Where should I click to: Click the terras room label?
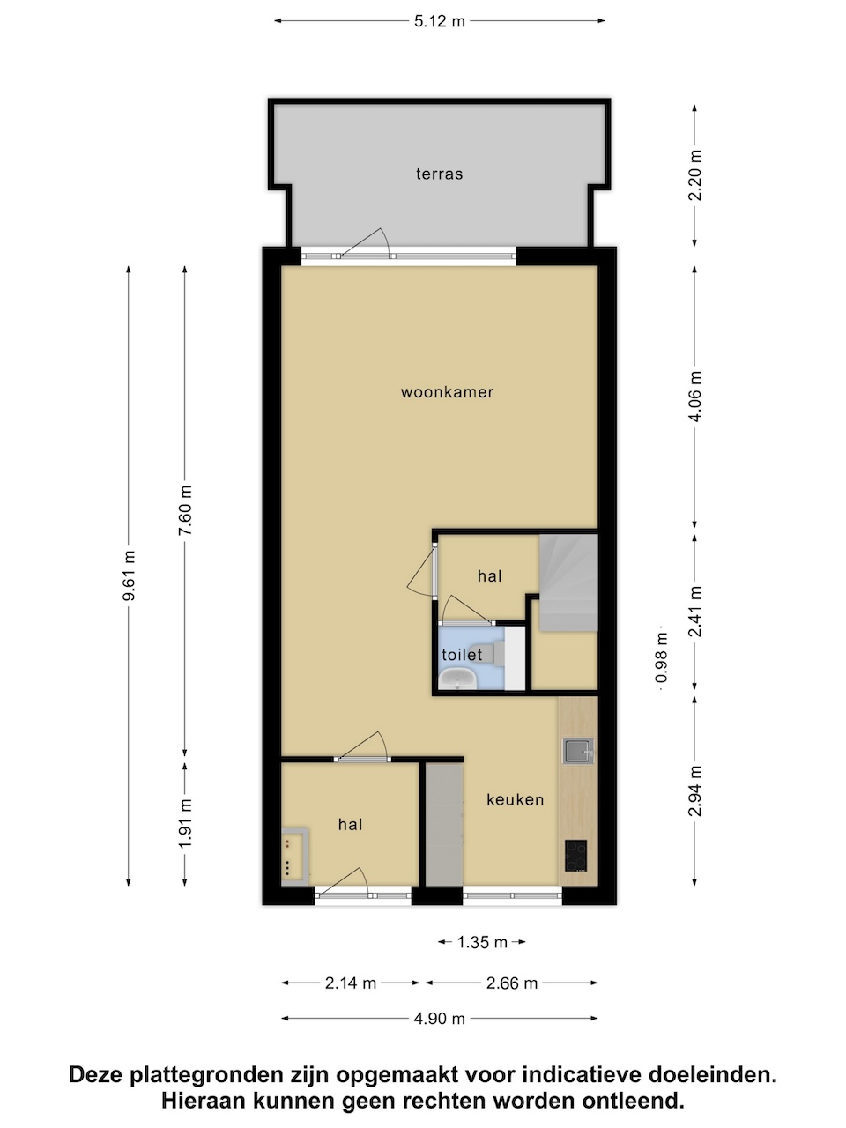pyautogui.click(x=439, y=174)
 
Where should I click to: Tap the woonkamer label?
pyautogui.click(x=447, y=392)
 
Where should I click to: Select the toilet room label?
pyautogui.click(x=462, y=655)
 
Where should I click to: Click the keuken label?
pyautogui.click(x=515, y=799)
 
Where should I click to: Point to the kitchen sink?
pyautogui.click(x=578, y=752)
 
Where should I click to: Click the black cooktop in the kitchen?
pyautogui.click(x=575, y=856)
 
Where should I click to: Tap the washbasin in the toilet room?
pyautogui.click(x=457, y=679)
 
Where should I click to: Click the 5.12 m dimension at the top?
pyautogui.click(x=439, y=21)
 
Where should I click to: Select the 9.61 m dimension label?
pyautogui.click(x=129, y=575)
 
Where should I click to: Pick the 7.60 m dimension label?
pyautogui.click(x=185, y=509)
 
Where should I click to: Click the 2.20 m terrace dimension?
pyautogui.click(x=695, y=175)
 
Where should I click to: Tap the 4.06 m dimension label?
pyautogui.click(x=695, y=397)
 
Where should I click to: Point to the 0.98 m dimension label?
pyautogui.click(x=662, y=657)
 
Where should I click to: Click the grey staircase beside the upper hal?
pyautogui.click(x=568, y=583)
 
